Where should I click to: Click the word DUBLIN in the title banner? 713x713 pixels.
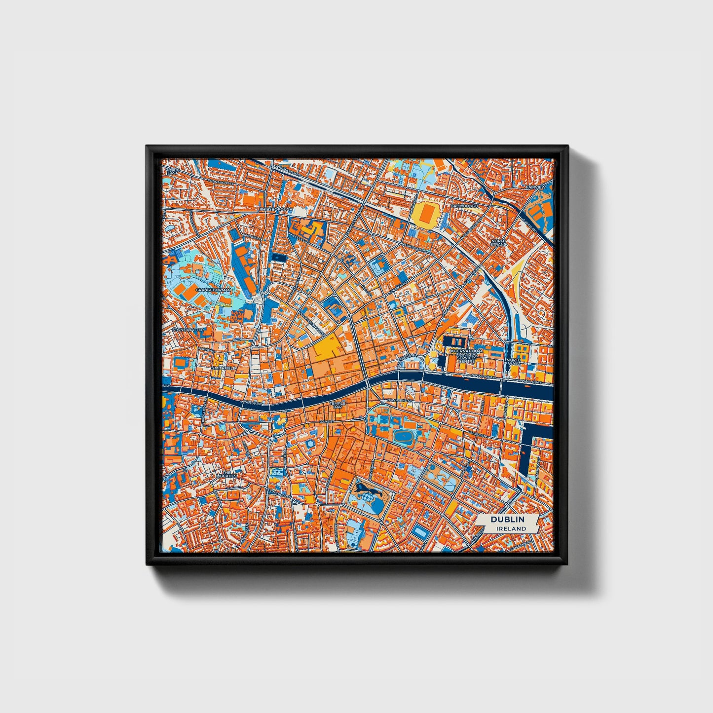pos(507,520)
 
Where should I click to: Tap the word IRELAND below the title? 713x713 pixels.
pos(511,528)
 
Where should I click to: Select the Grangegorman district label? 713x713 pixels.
pos(213,290)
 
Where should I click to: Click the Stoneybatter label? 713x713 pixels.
pos(188,329)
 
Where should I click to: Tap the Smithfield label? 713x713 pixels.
pos(224,368)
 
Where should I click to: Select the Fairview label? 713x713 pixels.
pos(536,188)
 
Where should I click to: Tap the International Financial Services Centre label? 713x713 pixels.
pos(466,356)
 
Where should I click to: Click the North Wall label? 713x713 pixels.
pos(513,362)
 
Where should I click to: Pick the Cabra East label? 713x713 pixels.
pos(172,171)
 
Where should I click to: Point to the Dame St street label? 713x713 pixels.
pos(326,422)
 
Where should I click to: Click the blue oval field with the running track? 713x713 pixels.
pos(403,436)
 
